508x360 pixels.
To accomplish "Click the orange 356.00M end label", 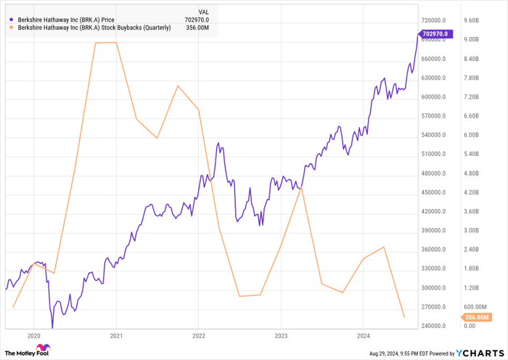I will [478, 317].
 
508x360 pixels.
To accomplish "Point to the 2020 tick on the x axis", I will [33, 336].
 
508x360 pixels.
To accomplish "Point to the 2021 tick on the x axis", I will [116, 336].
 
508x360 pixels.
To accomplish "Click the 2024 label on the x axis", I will [364, 336].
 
